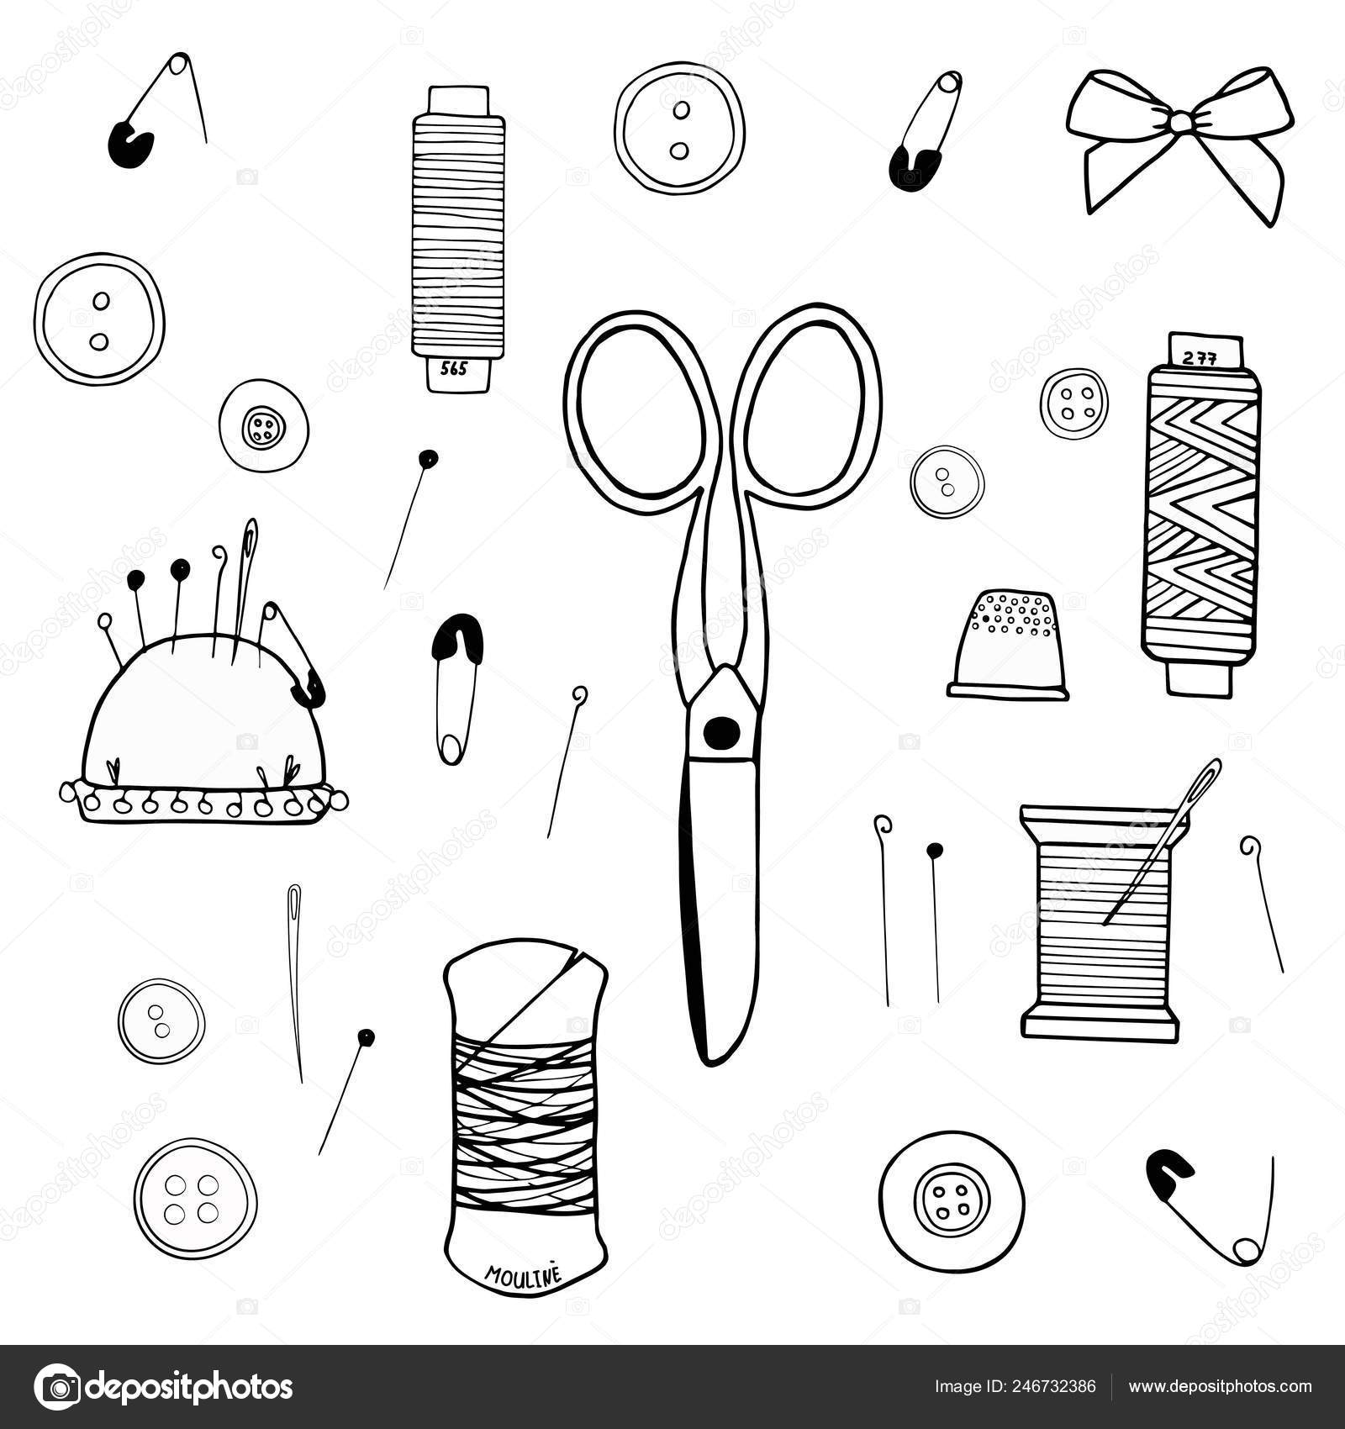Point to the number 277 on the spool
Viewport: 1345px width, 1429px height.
[x=1200, y=357]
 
